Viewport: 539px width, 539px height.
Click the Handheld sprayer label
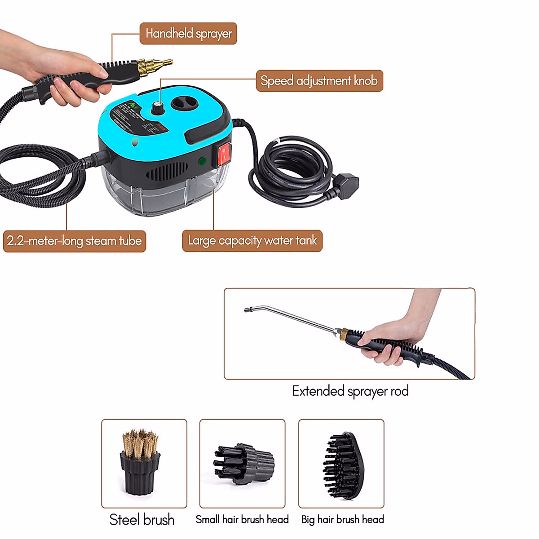tap(188, 34)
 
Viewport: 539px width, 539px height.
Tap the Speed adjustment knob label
tap(319, 81)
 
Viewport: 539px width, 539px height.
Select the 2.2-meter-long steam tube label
tap(75, 241)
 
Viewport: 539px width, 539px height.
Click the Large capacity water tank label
tap(252, 241)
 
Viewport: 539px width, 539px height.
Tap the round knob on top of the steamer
tap(157, 108)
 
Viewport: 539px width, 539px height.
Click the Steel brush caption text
tap(142, 520)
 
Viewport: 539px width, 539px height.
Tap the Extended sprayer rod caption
tap(350, 391)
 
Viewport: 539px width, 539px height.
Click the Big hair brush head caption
tap(342, 520)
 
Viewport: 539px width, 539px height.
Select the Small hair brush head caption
tap(242, 520)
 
